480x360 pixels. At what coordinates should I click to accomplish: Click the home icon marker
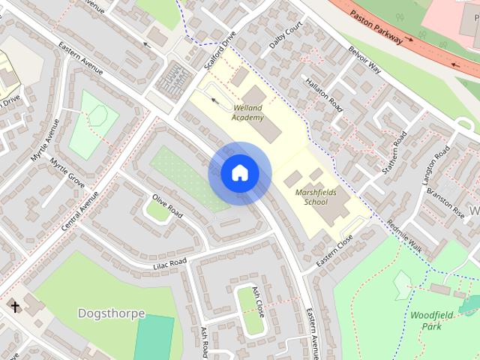(238, 173)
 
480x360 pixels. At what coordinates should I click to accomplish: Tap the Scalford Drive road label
(219, 49)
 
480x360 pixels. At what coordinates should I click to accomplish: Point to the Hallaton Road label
(324, 97)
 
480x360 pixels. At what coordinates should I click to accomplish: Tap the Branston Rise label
(445, 196)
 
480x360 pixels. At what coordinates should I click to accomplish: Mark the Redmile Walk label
(406, 235)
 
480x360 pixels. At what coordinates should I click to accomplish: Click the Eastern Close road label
(334, 250)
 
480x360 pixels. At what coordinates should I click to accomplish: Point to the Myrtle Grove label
(67, 173)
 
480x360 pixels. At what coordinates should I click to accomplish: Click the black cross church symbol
(15, 306)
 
